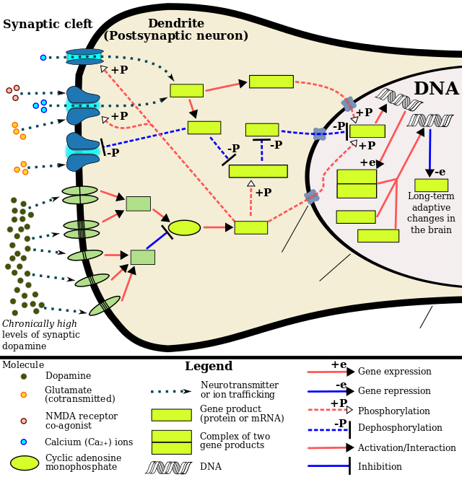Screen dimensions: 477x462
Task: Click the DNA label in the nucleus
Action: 436,89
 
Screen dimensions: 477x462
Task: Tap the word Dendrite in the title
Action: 175,24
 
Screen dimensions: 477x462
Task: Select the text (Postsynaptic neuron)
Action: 175,36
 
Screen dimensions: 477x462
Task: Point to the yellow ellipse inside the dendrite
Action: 184,228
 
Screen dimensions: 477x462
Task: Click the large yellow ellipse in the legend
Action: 25,463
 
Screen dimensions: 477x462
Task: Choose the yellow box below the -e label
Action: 431,185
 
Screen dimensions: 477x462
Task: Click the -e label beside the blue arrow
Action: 440,172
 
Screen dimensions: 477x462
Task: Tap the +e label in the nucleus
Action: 367,163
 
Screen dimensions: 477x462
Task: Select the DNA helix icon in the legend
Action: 167,468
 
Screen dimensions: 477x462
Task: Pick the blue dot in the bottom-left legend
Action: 24,442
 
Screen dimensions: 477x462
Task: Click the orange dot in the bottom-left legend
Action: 24,395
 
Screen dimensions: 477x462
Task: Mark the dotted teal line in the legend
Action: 167,392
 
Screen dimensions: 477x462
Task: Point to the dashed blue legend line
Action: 328,430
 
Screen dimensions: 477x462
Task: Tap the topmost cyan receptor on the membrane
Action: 84,56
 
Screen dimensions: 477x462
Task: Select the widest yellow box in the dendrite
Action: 258,171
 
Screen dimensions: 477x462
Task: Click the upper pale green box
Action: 138,204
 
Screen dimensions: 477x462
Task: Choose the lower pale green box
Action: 142,257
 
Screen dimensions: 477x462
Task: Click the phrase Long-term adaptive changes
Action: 431,213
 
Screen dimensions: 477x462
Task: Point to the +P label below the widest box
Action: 263,193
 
